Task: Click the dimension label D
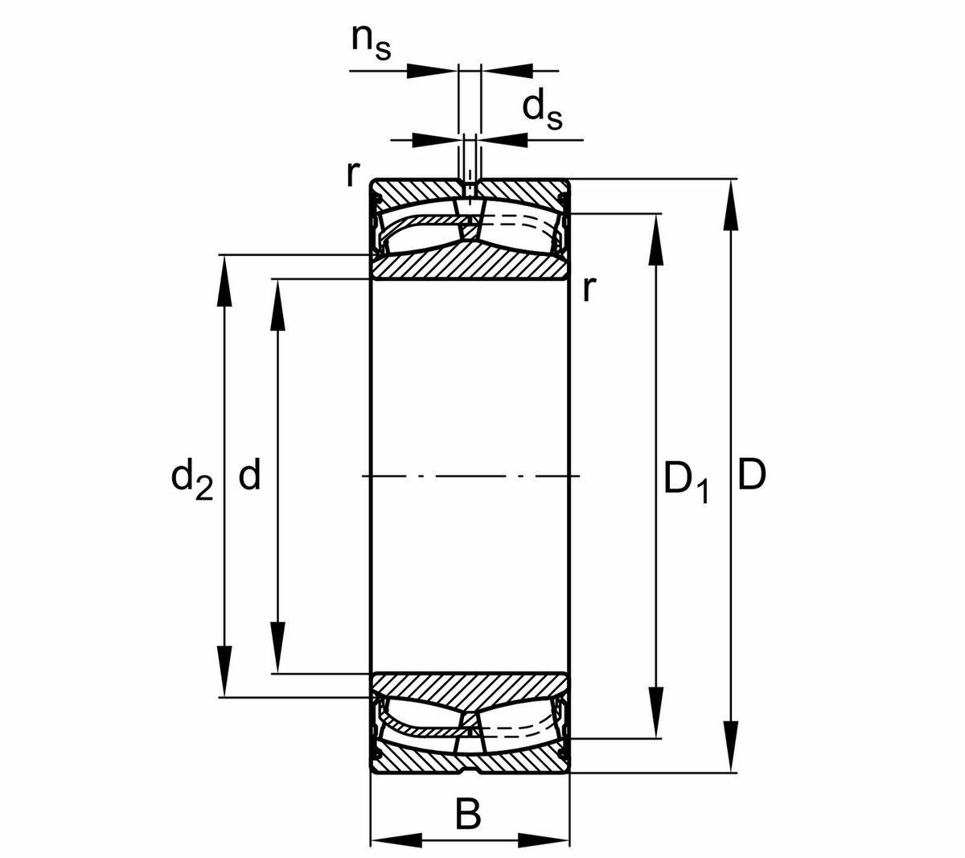tap(752, 476)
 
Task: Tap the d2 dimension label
tap(192, 478)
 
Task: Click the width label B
tap(468, 815)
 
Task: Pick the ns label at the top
tap(371, 42)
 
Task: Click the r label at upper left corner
tap(351, 173)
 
